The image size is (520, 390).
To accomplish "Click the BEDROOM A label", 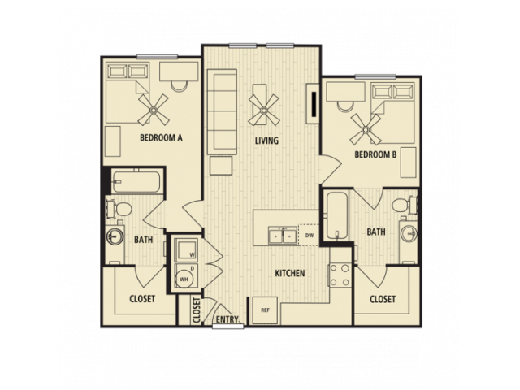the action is [x=161, y=137].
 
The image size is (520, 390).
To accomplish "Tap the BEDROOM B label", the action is [x=375, y=154].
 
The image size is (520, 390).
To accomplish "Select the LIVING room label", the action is [x=266, y=141].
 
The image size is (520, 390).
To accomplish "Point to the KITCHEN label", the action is [x=290, y=273].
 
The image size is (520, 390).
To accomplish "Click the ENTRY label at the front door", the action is [x=227, y=319].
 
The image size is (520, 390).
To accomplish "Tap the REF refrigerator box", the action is [x=265, y=310].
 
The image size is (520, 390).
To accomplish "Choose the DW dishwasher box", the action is [x=309, y=235].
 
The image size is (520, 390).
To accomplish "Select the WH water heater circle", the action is [x=184, y=279].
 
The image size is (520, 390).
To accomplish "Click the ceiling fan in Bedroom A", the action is [x=154, y=110].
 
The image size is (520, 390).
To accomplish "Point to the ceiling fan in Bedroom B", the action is [x=366, y=129].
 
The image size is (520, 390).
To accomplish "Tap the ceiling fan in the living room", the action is [x=264, y=110].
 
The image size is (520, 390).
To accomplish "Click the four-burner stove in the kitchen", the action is [x=340, y=275].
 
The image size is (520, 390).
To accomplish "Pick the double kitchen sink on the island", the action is [x=283, y=235].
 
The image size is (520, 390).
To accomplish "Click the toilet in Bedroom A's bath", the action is [x=119, y=209].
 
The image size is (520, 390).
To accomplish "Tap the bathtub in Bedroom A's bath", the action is [x=136, y=182].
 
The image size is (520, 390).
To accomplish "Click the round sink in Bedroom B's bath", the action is [x=409, y=233].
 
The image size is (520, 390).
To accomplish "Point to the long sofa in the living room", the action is [x=222, y=112].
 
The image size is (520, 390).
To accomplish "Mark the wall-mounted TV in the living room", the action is [x=314, y=103].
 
